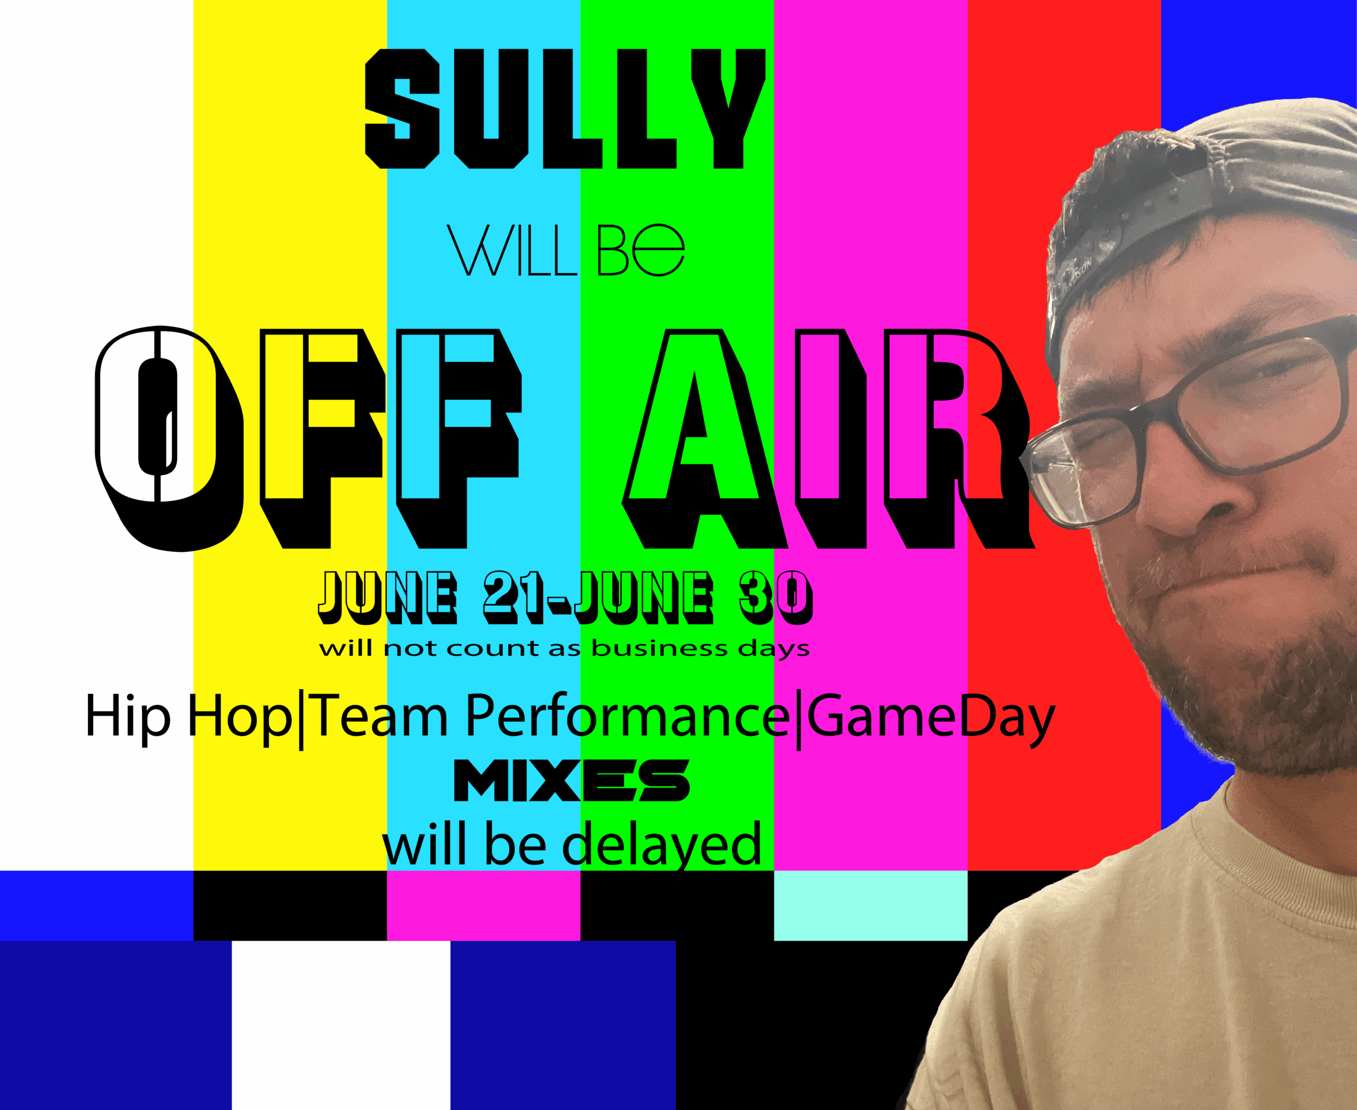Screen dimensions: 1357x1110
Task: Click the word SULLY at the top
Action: point(565,109)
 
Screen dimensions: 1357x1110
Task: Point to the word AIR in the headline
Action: point(828,438)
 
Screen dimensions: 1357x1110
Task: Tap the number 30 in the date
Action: point(776,597)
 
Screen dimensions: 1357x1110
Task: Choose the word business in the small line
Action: point(660,648)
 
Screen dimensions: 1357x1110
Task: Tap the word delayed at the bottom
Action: point(662,844)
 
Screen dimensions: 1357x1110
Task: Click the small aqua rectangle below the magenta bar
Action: point(870,905)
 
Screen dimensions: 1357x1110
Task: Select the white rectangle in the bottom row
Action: point(341,1025)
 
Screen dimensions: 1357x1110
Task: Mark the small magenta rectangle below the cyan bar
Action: point(483,905)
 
